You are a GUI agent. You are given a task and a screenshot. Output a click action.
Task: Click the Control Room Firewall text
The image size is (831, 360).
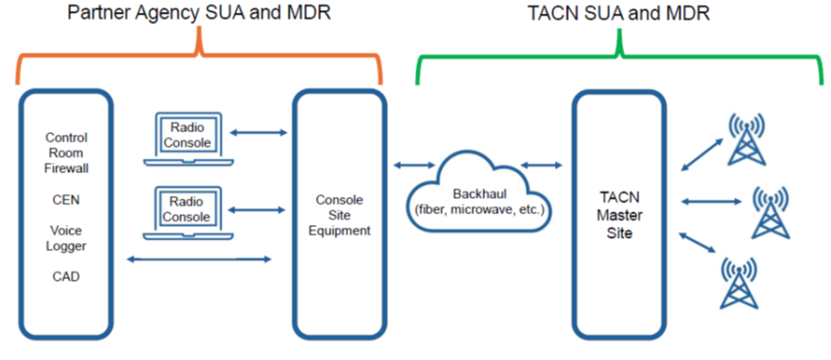pos(67,153)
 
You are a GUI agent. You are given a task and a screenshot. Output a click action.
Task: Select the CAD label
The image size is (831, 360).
pos(66,276)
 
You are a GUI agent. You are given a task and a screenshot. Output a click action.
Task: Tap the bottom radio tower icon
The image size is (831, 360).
pos(739,282)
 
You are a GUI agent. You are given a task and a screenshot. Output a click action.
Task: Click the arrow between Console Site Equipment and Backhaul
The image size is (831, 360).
pos(414,165)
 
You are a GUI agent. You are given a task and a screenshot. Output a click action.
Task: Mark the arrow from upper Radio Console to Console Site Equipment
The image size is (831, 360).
pos(260,133)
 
